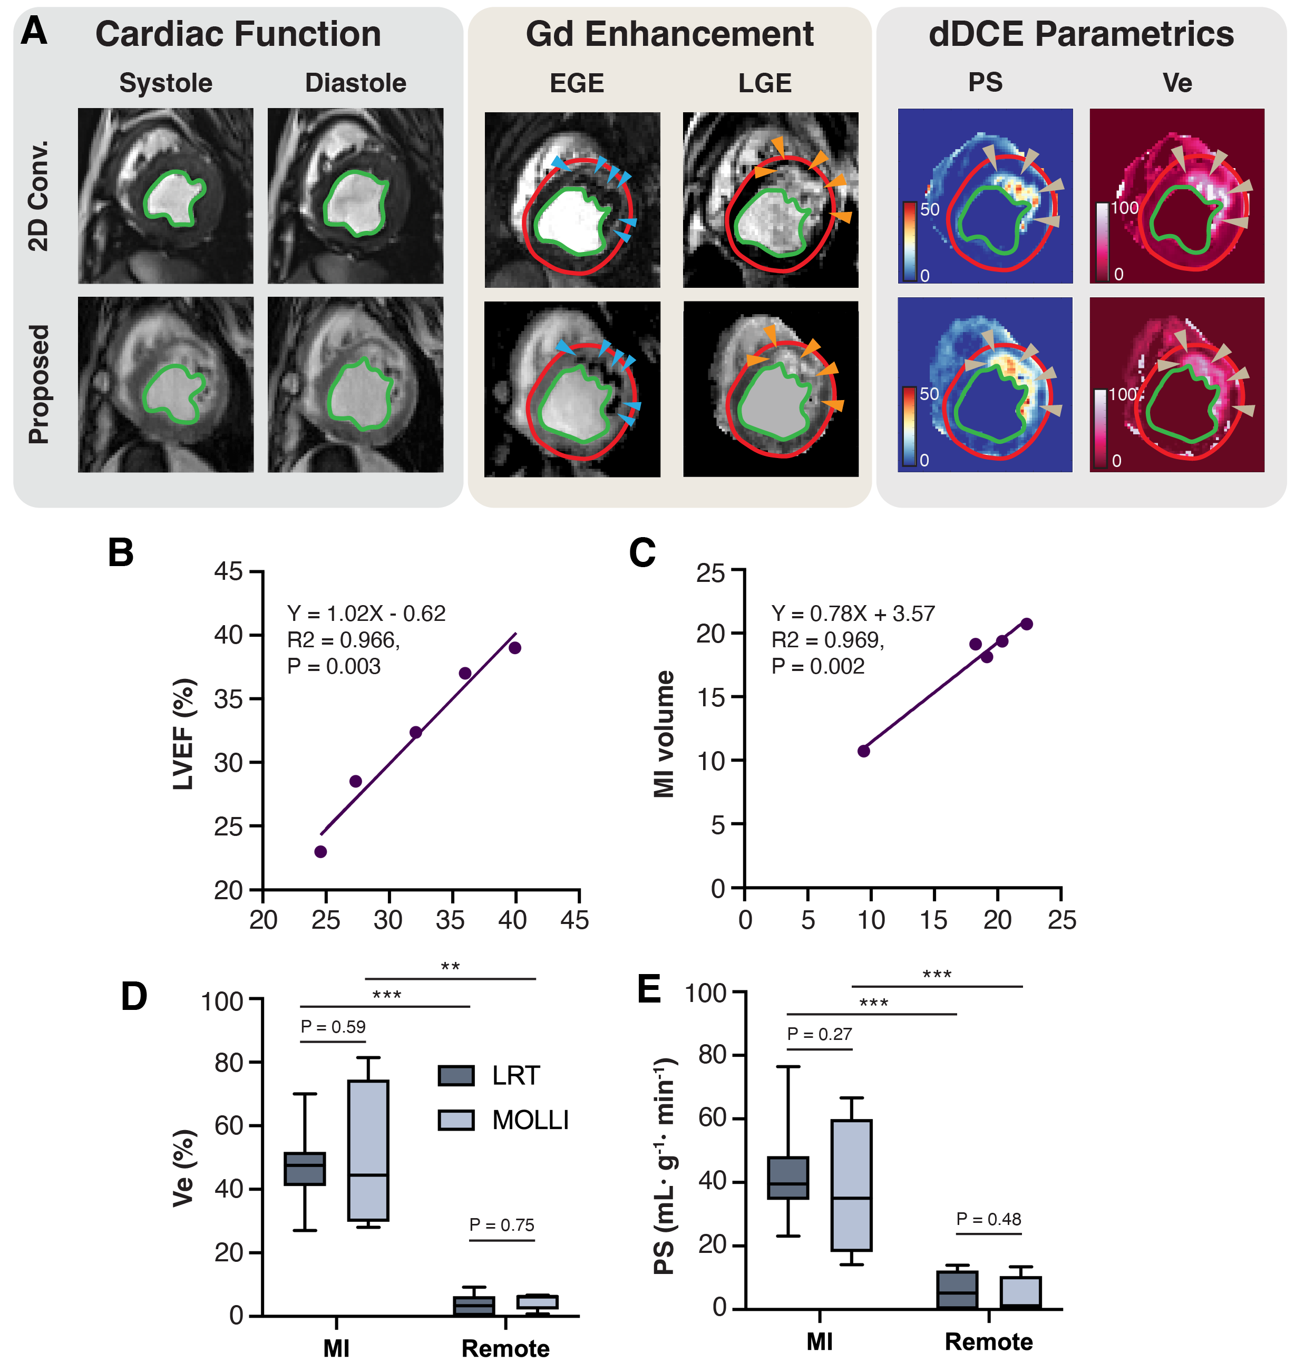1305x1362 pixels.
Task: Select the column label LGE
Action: point(764,83)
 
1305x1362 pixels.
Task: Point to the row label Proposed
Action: point(39,384)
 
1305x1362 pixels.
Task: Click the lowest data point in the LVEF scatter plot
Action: point(320,852)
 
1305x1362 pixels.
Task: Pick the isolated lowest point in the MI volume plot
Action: point(864,751)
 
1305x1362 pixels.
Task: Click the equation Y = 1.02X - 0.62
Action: point(366,614)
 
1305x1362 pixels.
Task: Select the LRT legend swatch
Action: point(456,1076)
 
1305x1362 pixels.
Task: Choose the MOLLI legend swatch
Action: point(456,1120)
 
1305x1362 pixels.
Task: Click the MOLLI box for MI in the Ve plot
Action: point(368,1150)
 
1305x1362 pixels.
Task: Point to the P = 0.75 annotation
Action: point(502,1224)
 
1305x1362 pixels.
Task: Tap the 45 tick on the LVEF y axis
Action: point(228,572)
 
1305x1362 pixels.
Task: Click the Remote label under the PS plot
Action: point(988,1341)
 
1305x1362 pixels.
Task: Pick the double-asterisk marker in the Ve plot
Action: point(450,967)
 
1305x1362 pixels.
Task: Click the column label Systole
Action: point(165,83)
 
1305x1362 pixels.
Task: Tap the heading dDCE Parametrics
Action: point(1080,34)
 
